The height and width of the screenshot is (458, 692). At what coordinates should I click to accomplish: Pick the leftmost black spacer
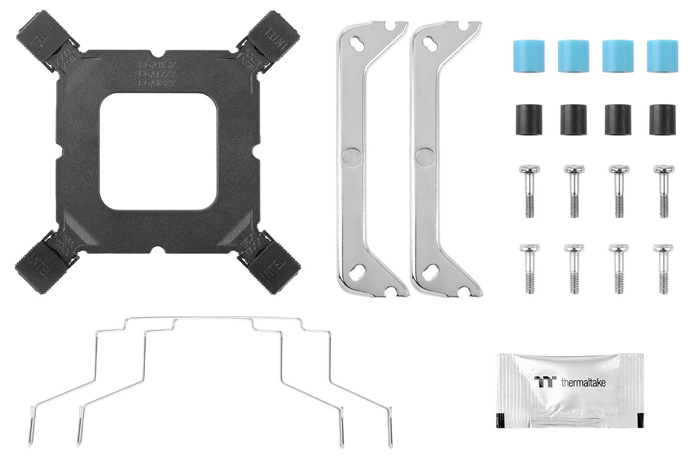coord(526,119)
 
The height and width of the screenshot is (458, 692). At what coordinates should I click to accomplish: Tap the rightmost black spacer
coord(660,119)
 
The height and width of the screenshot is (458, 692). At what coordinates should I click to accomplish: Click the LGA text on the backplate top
coord(157,73)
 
